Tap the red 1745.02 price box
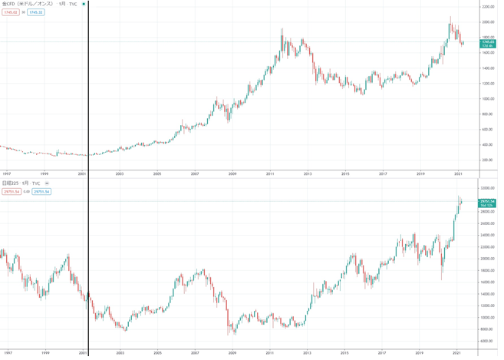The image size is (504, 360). click(x=10, y=13)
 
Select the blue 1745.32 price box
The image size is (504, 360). click(x=36, y=13)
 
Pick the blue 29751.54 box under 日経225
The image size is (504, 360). click(x=41, y=191)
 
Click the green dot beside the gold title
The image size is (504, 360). click(x=84, y=5)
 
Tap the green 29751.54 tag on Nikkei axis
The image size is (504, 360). click(x=488, y=203)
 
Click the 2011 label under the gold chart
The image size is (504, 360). click(x=270, y=174)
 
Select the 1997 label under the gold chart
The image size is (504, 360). click(x=7, y=174)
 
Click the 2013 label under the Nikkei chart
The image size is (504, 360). click(x=307, y=353)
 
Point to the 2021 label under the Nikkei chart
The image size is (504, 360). click(x=457, y=353)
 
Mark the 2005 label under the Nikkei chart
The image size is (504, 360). click(x=157, y=353)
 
